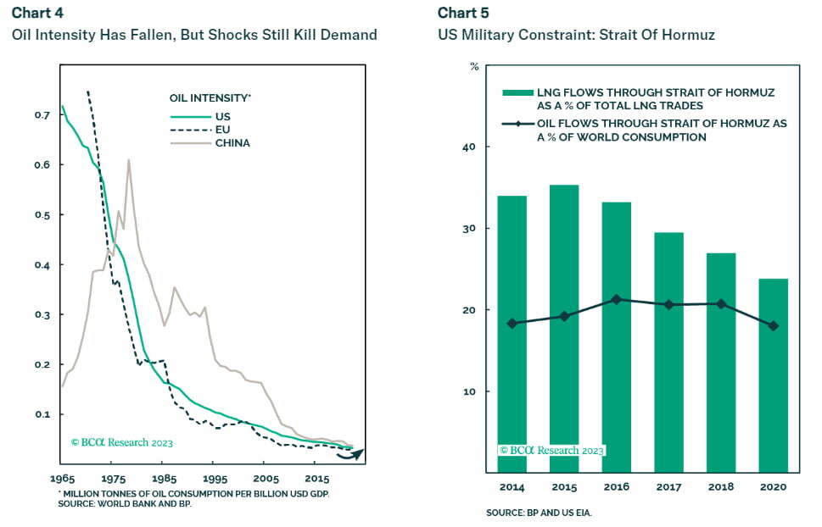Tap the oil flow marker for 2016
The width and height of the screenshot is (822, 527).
tap(616, 299)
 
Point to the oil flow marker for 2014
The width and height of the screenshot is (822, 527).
tap(512, 323)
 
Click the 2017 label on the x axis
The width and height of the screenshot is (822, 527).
tap(669, 487)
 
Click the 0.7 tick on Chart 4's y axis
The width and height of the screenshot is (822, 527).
tap(42, 114)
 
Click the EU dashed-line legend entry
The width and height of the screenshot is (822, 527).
tap(216, 130)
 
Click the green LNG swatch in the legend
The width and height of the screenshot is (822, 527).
tap(517, 92)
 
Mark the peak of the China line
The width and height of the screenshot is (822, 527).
tap(128, 160)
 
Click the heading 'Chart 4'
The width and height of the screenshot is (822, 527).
tap(36, 12)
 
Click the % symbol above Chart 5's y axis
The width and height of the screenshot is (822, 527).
tap(473, 66)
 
